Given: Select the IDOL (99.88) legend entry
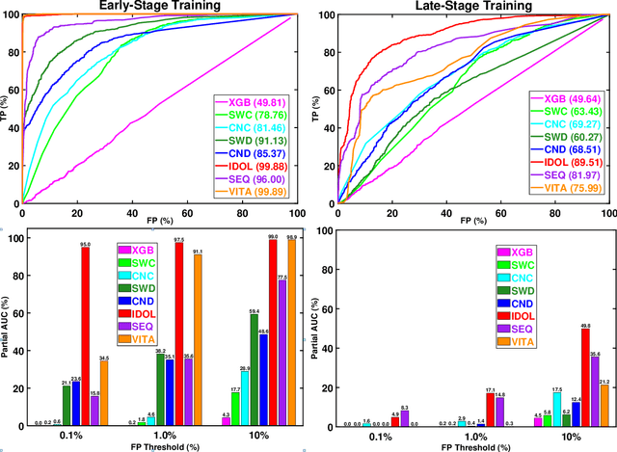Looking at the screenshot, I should (251, 164).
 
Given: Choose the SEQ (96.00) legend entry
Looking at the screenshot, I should (251, 178).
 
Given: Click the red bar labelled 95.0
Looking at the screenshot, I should (85, 337).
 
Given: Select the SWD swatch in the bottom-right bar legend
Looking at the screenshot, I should (503, 291).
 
